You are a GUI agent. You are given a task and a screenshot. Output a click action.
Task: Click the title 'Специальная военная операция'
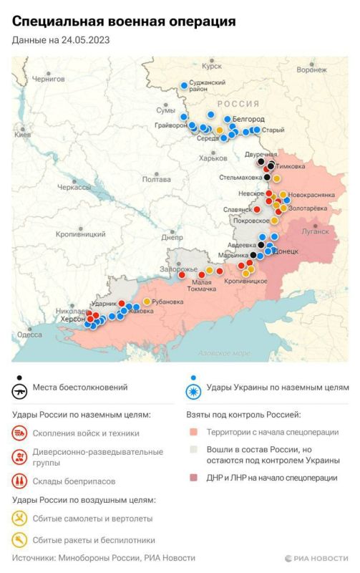pos(124,24)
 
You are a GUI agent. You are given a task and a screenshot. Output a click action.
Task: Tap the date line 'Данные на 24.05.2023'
pos(62,42)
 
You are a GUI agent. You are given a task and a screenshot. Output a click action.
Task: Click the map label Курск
pos(213,66)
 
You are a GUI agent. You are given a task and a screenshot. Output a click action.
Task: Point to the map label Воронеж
pos(311,69)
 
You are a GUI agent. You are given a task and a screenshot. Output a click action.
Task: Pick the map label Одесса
pos(29,334)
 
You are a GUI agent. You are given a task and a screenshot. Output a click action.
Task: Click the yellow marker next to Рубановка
pos(147,302)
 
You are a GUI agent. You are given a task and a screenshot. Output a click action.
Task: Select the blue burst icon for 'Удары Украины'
pos(193,390)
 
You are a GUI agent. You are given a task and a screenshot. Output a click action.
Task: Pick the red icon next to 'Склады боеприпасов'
pos(20,481)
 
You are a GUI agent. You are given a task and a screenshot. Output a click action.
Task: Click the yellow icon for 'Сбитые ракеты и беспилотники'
pos(20,541)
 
